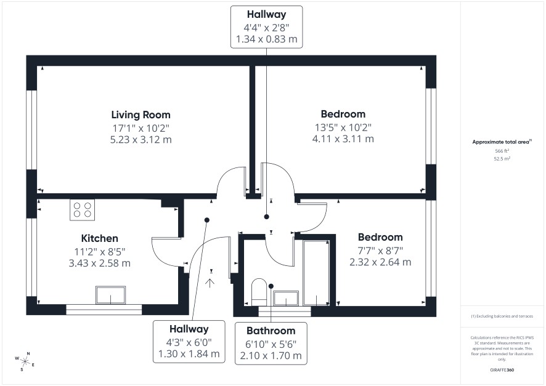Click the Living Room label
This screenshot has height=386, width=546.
pyautogui.click(x=141, y=115)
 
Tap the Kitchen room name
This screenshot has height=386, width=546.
pyautogui.click(x=100, y=238)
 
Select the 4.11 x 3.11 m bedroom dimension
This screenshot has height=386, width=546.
pyautogui.click(x=343, y=139)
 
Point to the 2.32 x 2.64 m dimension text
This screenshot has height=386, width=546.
pyautogui.click(x=380, y=262)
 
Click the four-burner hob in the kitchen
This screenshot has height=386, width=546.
pyautogui.click(x=82, y=210)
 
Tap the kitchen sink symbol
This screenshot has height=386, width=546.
pyautogui.click(x=111, y=295)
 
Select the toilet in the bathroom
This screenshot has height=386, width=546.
pyautogui.click(x=259, y=292)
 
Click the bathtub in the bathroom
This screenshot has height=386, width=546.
pyautogui.click(x=316, y=273)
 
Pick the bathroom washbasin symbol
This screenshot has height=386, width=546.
pyautogui.click(x=286, y=299)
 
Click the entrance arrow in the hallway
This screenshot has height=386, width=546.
pyautogui.click(x=210, y=283)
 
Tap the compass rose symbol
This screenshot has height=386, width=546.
pyautogui.click(x=25, y=361)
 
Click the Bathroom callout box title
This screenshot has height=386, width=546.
pyautogui.click(x=271, y=331)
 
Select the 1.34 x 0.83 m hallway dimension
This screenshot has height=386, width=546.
pyautogui.click(x=267, y=39)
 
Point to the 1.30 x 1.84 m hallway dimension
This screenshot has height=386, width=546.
pyautogui.click(x=189, y=354)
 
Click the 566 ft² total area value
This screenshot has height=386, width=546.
pyautogui.click(x=502, y=151)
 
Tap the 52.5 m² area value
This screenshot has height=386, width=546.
pyautogui.click(x=502, y=159)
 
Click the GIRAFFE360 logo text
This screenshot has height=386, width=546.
pyautogui.click(x=502, y=369)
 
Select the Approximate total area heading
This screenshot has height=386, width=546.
pyautogui.click(x=502, y=142)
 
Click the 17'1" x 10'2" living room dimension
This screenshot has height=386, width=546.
pyautogui.click(x=141, y=128)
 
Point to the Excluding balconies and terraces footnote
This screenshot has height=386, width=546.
pyautogui.click(x=502, y=316)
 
